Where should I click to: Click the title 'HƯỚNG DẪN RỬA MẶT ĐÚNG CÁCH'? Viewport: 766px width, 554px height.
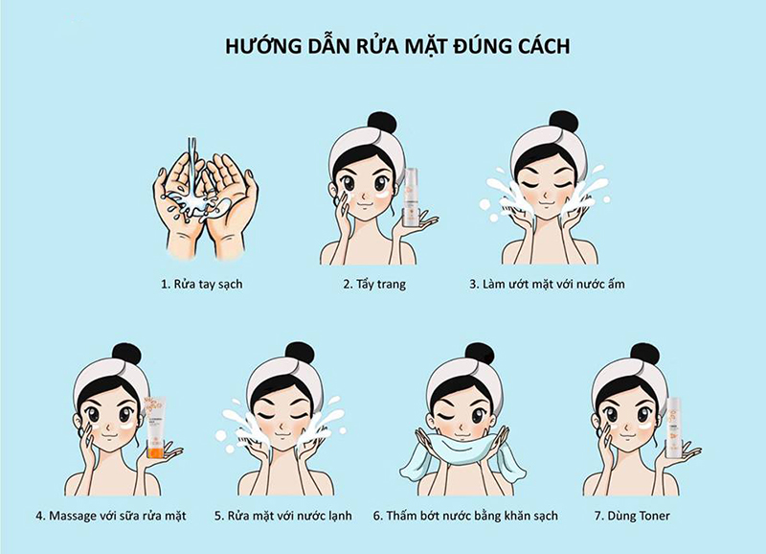(383, 45)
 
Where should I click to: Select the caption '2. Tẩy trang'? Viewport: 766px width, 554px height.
(373, 285)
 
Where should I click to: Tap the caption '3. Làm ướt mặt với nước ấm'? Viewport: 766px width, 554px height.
(548, 285)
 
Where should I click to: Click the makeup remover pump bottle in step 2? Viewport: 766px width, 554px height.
(411, 196)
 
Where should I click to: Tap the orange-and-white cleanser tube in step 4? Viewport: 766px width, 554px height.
(153, 427)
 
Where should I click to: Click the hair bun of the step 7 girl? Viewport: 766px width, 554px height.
(644, 353)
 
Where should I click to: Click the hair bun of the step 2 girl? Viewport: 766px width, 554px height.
(382, 122)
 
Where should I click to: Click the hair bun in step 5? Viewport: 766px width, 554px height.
(299, 353)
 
